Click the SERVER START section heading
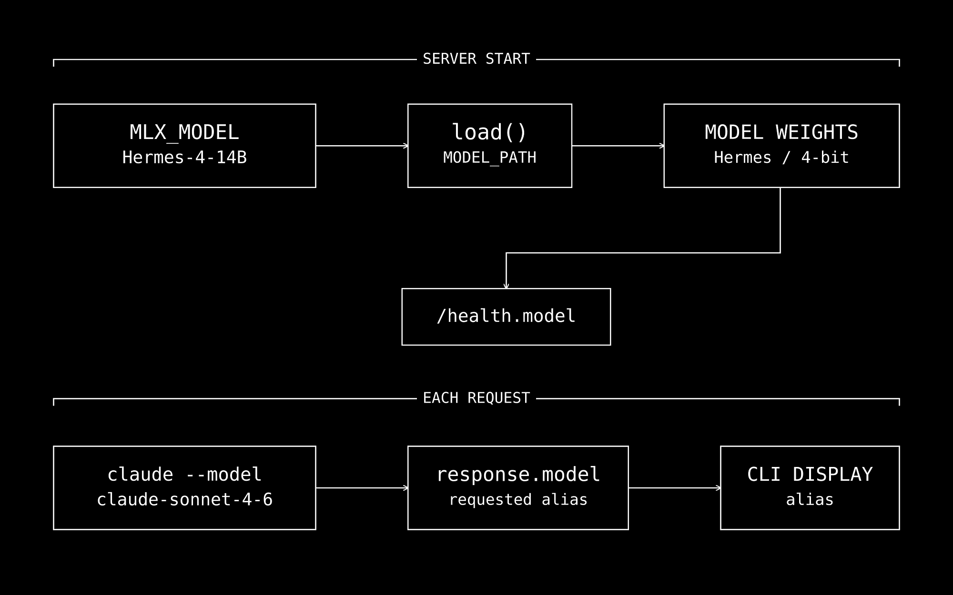[x=476, y=59]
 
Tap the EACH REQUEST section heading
[x=476, y=398]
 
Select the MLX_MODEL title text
[x=184, y=132]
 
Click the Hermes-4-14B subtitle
[x=184, y=158]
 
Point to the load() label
[x=489, y=132]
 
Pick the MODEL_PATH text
[x=489, y=158]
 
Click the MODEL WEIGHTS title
[x=781, y=132]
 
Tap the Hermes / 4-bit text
[x=781, y=158]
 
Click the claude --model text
[x=184, y=475]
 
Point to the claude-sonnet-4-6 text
[x=184, y=500]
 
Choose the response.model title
[x=518, y=475]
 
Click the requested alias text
[x=518, y=500]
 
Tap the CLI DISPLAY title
[x=810, y=475]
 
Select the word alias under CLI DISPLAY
[x=810, y=500]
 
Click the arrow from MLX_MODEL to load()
[x=362, y=146]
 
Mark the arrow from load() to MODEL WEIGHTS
[x=618, y=146]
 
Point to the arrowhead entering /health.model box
[x=506, y=286]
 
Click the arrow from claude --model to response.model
[x=362, y=488]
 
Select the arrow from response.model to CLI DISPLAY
[x=674, y=488]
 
